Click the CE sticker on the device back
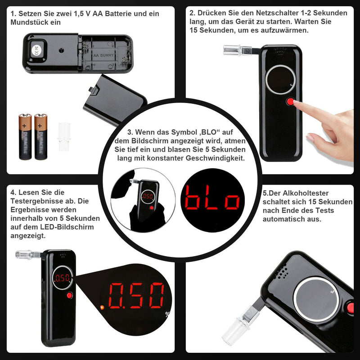37,50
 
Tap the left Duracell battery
25,137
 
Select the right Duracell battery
41,137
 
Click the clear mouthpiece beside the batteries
64,137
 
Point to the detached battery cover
114,100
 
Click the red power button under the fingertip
291,102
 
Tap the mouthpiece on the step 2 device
238,50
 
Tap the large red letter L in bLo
211,198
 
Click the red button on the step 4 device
70,295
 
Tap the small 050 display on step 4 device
62,278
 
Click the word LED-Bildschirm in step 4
67,227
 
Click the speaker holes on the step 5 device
282,272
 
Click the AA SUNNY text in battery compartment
103,55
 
